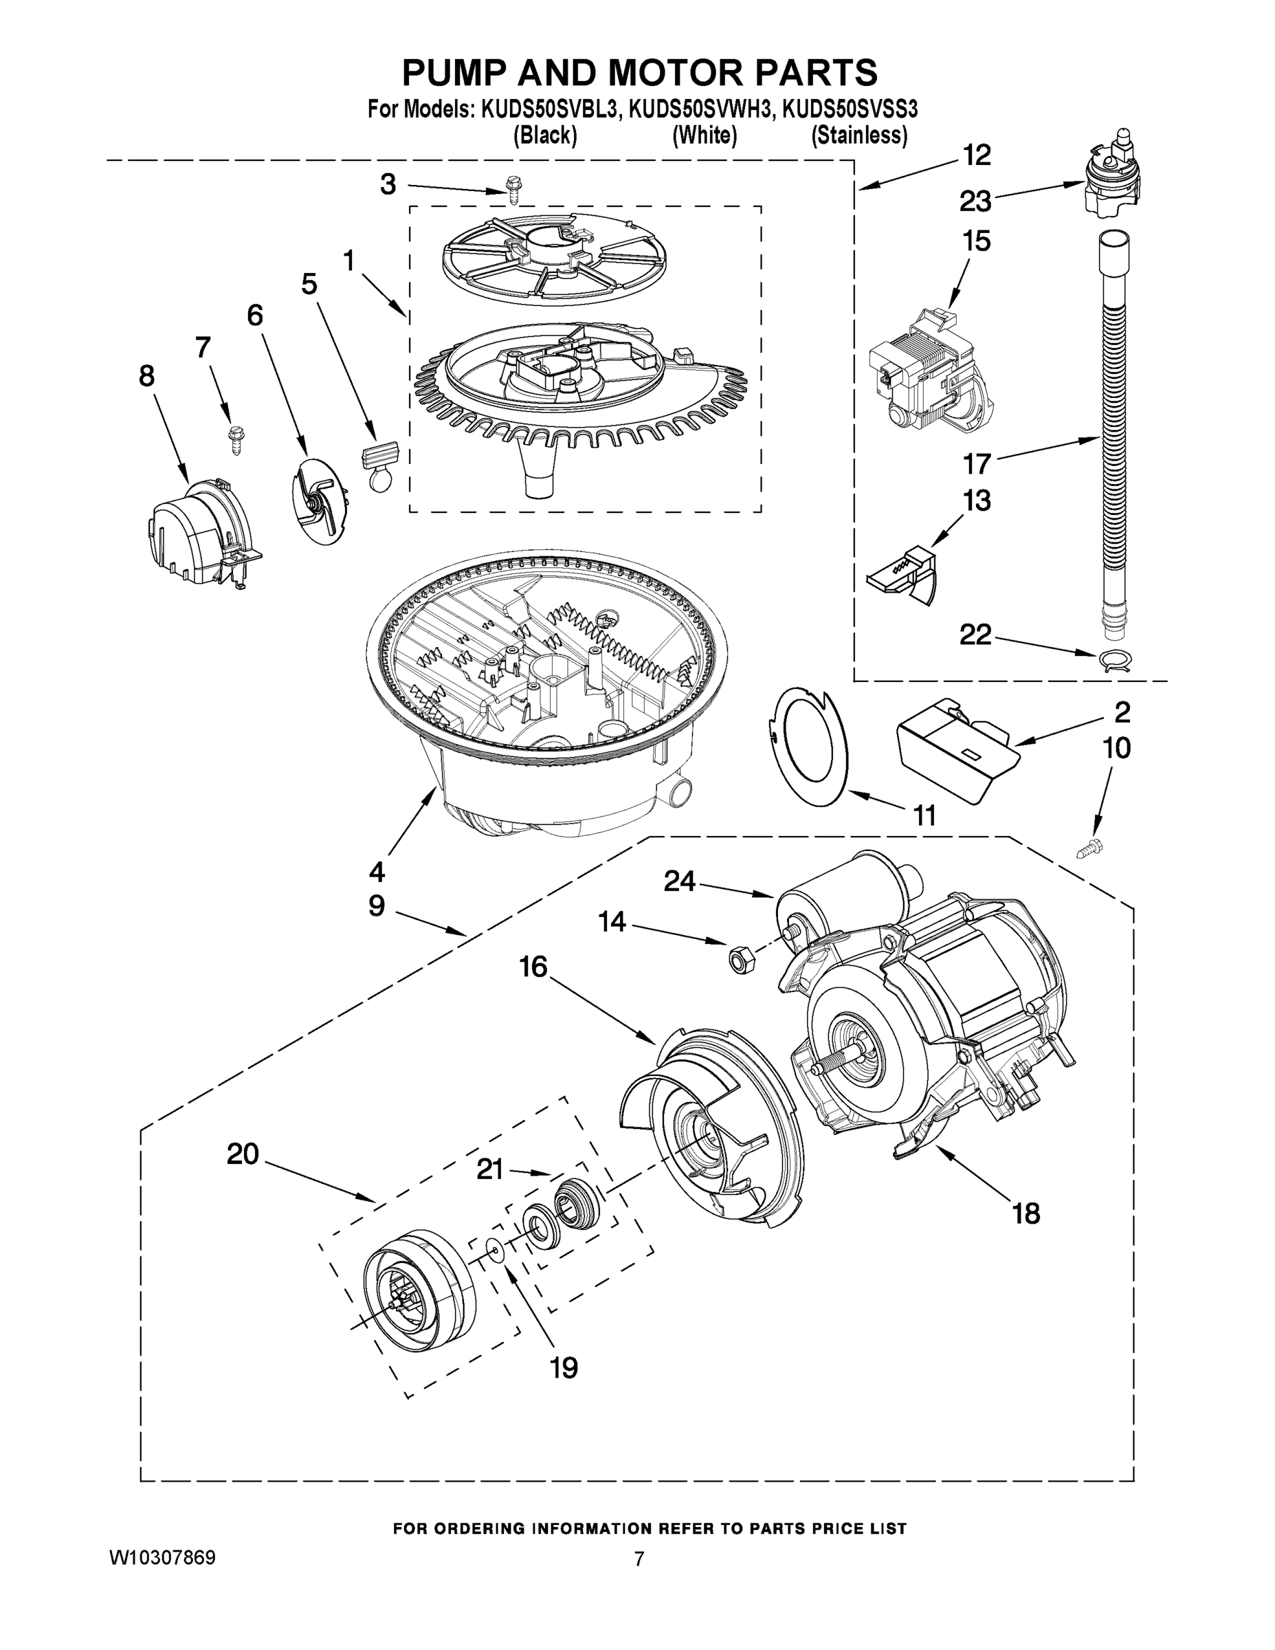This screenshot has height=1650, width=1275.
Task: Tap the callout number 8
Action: (146, 375)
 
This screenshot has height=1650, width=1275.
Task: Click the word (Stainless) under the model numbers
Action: (858, 136)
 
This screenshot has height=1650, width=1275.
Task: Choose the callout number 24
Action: (680, 880)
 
